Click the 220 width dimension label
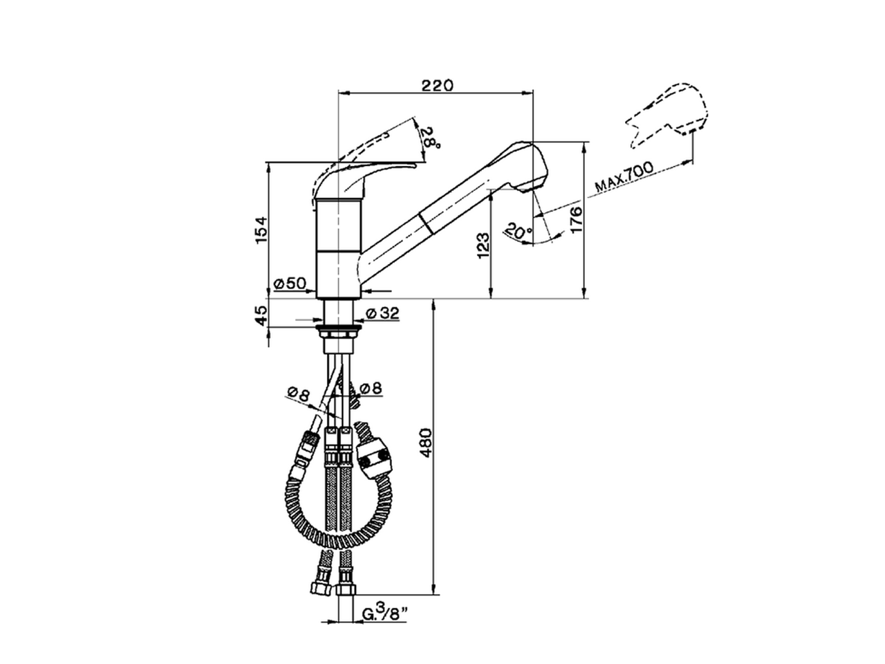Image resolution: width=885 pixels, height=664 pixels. click(x=437, y=85)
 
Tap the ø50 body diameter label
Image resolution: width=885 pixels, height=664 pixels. click(x=290, y=284)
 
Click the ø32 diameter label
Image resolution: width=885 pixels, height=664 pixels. click(x=382, y=313)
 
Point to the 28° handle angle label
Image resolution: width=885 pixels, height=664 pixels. click(x=431, y=138)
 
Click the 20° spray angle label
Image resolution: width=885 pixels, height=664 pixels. click(x=519, y=230)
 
